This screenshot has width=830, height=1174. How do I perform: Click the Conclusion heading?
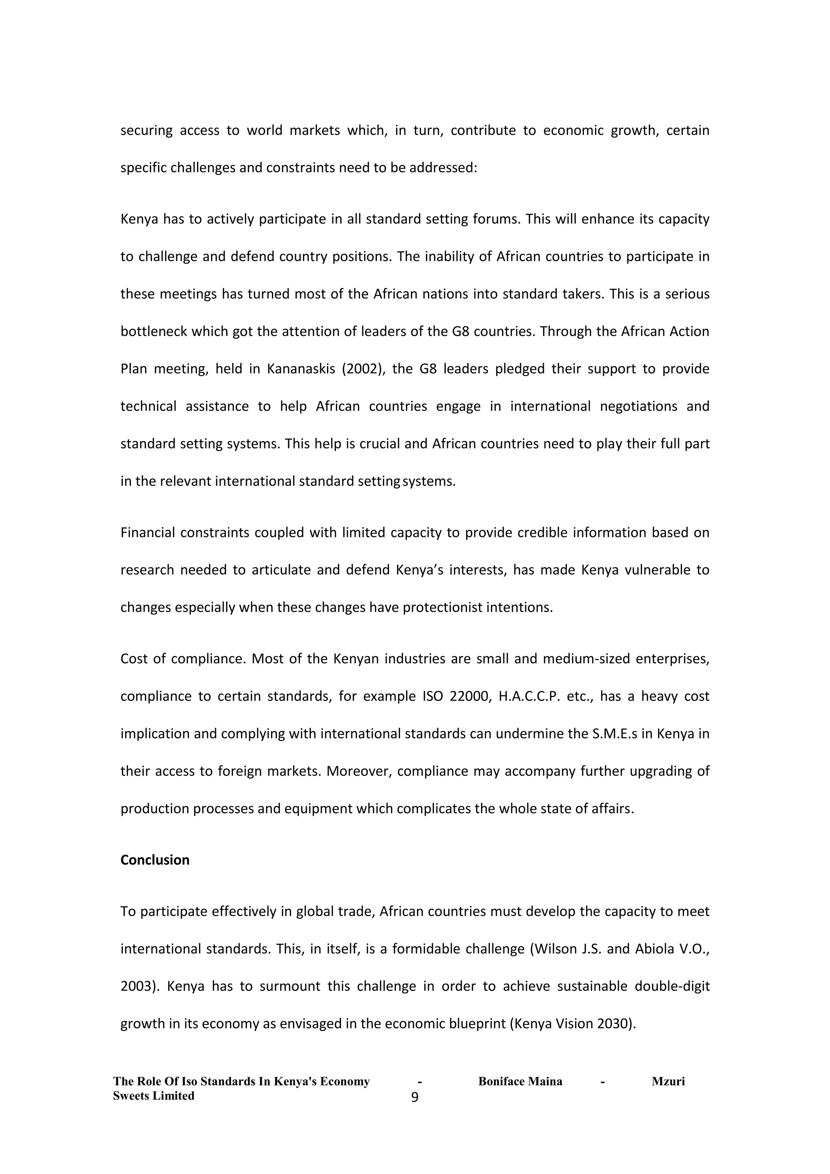154,860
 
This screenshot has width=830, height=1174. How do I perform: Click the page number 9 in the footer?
415,1097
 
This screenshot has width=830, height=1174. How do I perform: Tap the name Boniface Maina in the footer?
520,1082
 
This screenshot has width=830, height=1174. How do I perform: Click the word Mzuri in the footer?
668,1082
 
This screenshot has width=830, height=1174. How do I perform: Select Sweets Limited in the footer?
153,1096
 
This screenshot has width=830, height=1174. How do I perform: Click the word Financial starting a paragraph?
148,533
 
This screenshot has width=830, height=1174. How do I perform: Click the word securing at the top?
146,131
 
